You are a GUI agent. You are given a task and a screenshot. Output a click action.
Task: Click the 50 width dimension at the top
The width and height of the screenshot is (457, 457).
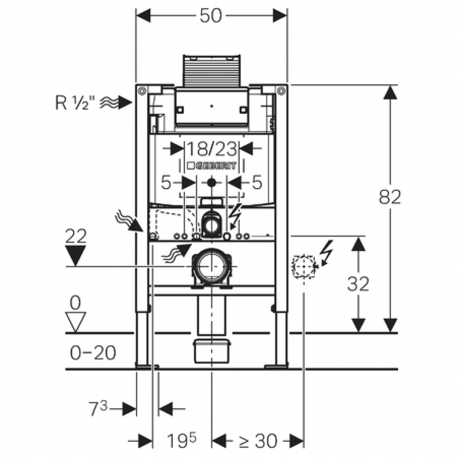coord(211,16)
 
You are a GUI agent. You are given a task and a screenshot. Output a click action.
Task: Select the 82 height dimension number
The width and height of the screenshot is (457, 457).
coord(390,197)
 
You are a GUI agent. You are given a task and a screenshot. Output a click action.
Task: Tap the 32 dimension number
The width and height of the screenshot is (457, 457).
coord(358,283)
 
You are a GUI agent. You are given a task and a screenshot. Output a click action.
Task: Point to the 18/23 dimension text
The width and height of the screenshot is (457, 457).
coord(211,149)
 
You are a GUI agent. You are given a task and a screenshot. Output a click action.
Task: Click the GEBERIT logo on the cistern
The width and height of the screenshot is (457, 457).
coord(212,166)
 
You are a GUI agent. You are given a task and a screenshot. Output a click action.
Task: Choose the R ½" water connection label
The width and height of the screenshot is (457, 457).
coord(72,103)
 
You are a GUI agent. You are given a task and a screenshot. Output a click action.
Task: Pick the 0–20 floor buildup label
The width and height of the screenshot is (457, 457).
coord(93,353)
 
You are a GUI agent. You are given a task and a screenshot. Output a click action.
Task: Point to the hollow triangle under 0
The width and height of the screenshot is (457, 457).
coord(75,322)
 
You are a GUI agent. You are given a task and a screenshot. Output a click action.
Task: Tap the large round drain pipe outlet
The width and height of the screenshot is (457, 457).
coord(212,266)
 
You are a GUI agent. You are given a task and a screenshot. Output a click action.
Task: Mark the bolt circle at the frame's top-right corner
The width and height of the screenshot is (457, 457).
coord(281,91)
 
